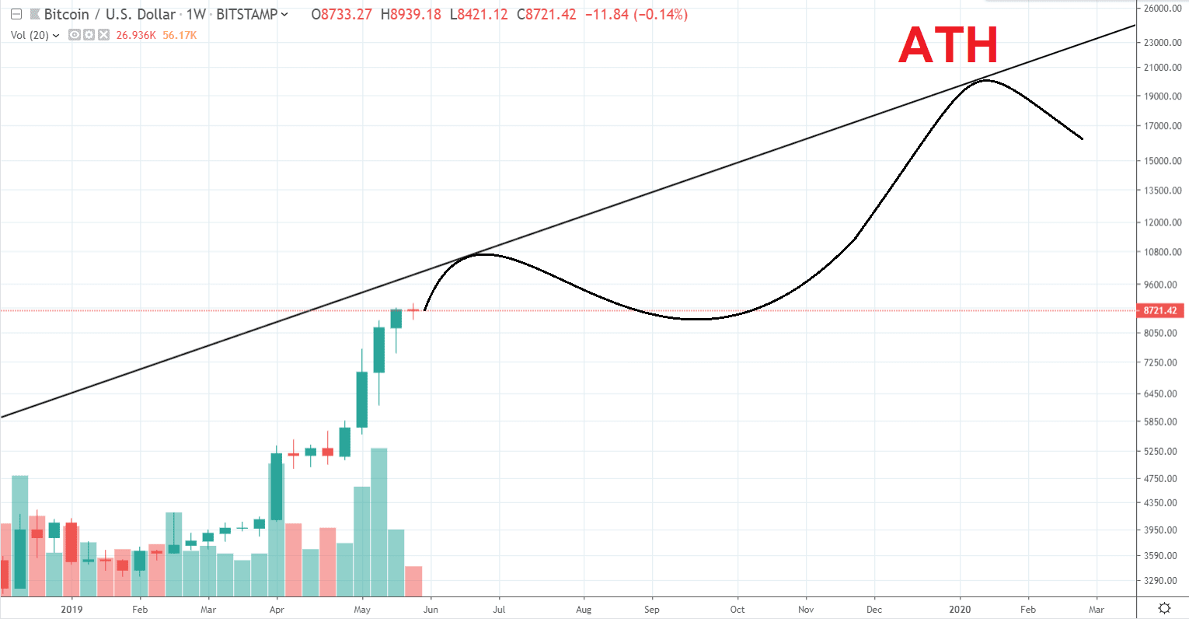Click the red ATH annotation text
pyautogui.click(x=948, y=46)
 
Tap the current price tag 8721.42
pyautogui.click(x=1160, y=310)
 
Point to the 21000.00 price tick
pyautogui.click(x=1163, y=68)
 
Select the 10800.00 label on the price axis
pyautogui.click(x=1163, y=252)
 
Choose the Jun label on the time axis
pyautogui.click(x=431, y=610)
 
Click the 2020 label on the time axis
pyautogui.click(x=960, y=610)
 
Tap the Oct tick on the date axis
pyautogui.click(x=737, y=610)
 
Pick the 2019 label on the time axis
pyautogui.click(x=71, y=610)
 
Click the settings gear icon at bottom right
pyautogui.click(x=1164, y=608)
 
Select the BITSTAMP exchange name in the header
pyautogui.click(x=246, y=14)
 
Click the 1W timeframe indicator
pyautogui.click(x=196, y=14)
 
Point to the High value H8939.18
pyautogui.click(x=411, y=14)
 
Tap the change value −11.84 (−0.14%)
pyautogui.click(x=636, y=14)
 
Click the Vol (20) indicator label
pyautogui.click(x=30, y=35)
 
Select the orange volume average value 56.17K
pyautogui.click(x=180, y=35)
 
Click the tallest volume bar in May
pyautogui.click(x=379, y=521)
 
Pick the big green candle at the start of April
pyautogui.click(x=277, y=486)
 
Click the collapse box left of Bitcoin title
pyautogui.click(x=16, y=14)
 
